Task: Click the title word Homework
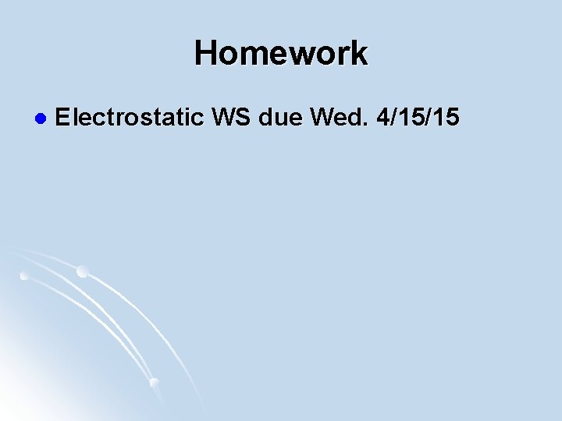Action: (x=281, y=54)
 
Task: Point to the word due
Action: (x=280, y=118)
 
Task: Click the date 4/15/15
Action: (x=418, y=118)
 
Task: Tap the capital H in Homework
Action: (x=207, y=54)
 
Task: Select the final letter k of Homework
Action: (x=358, y=54)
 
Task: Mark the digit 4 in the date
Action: (x=382, y=118)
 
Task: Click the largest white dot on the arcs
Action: (x=82, y=271)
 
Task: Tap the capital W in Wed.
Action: (x=322, y=118)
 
